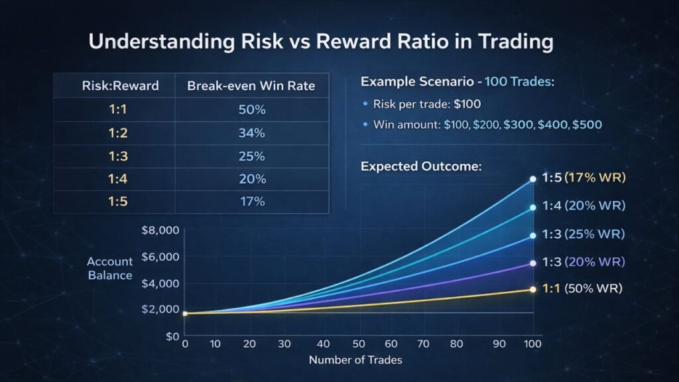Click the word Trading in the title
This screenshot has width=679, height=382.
(510, 42)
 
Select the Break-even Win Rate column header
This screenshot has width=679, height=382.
(252, 86)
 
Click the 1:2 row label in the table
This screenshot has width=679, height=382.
(117, 133)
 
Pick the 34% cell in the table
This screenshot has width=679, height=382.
(251, 133)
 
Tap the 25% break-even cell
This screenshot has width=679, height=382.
(251, 156)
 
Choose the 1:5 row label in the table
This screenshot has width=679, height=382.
(117, 201)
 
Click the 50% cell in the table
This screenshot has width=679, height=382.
(251, 109)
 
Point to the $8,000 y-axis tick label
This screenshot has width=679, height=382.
(160, 231)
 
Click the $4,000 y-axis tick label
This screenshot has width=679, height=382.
(160, 284)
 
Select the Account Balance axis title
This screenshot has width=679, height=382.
(110, 269)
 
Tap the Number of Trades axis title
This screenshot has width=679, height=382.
(355, 360)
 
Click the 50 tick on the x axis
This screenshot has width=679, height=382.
(359, 344)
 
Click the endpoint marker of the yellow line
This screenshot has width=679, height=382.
(532, 289)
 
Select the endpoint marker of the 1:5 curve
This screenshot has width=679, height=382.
(532, 179)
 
